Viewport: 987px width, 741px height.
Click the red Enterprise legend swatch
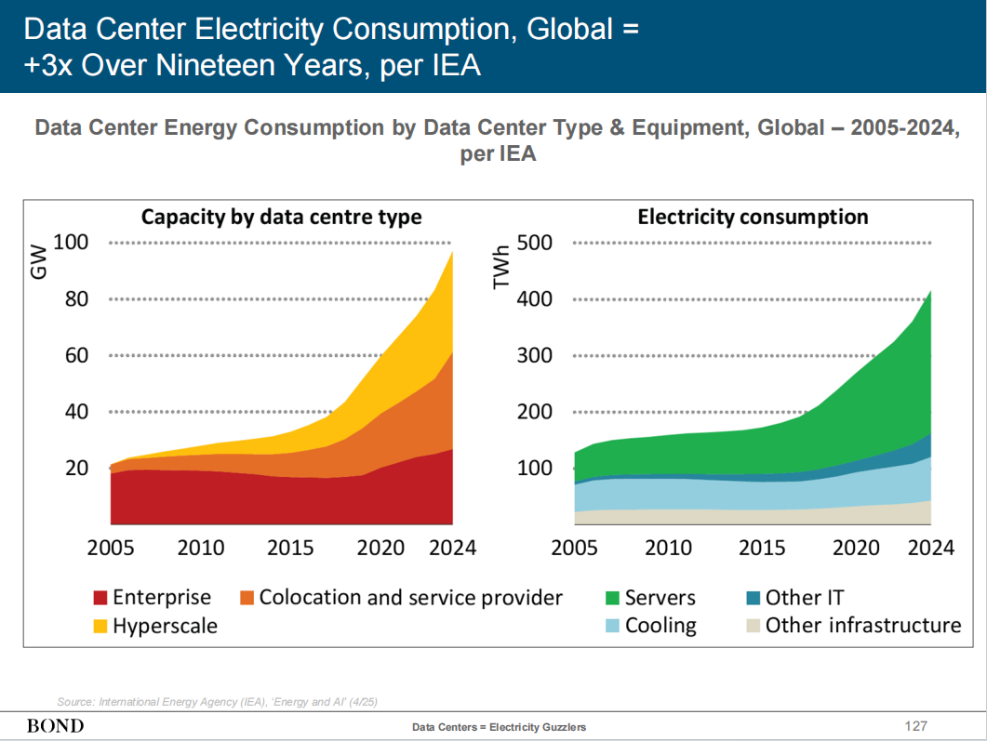(x=100, y=598)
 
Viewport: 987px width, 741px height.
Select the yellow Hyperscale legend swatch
(x=100, y=626)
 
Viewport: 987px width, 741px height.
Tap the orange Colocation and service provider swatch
(x=247, y=598)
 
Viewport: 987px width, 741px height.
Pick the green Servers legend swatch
(x=613, y=598)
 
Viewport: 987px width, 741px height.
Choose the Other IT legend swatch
(x=754, y=598)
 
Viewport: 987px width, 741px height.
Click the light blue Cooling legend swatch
(x=613, y=626)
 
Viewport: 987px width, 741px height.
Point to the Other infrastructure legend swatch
(x=754, y=626)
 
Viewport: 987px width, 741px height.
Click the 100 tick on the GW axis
(x=71, y=243)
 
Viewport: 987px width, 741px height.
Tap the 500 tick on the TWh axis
(x=534, y=243)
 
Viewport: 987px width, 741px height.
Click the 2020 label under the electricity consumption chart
(x=856, y=548)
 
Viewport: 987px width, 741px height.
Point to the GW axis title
(x=38, y=262)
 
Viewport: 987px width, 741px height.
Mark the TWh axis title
(x=502, y=264)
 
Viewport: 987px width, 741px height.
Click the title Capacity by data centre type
(x=281, y=218)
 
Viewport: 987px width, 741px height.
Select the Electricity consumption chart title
(x=753, y=218)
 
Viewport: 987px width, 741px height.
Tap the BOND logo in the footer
(x=55, y=725)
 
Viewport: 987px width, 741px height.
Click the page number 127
(x=916, y=725)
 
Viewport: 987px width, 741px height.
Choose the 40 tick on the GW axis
(x=75, y=412)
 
